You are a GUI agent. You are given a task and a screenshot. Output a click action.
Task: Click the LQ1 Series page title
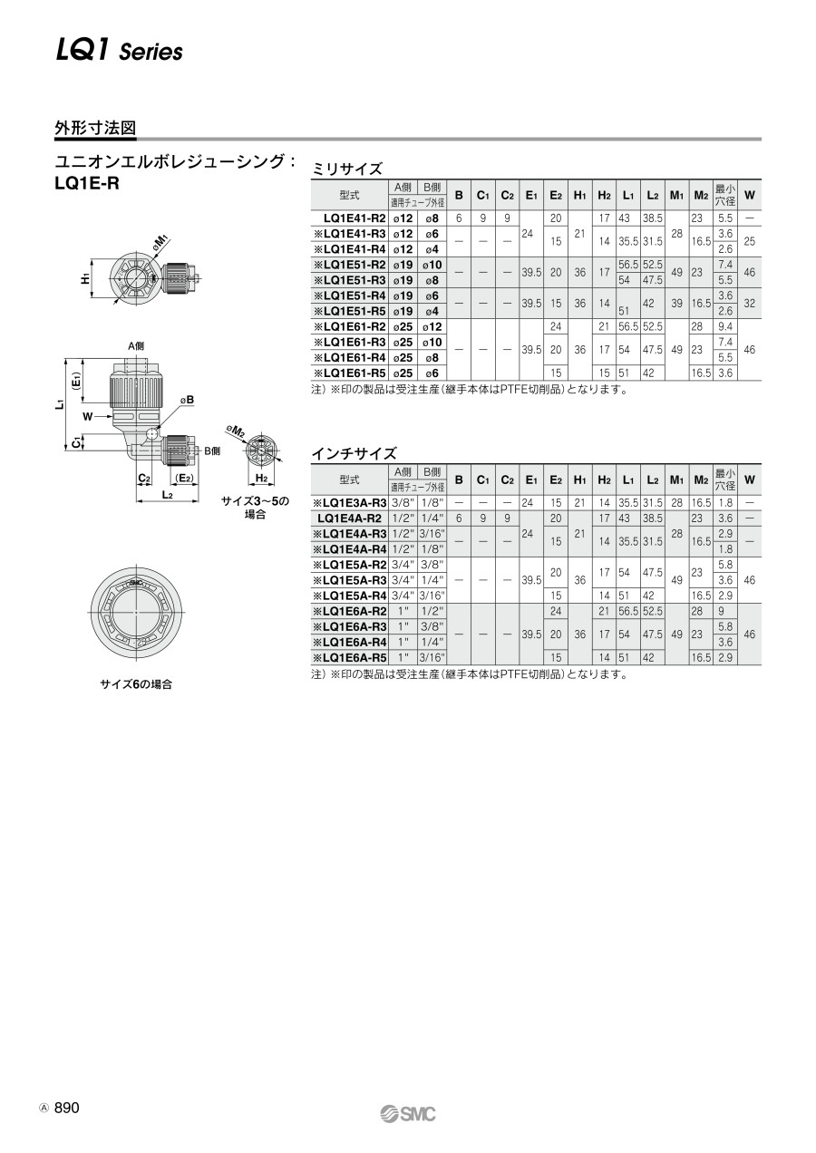pyautogui.click(x=119, y=52)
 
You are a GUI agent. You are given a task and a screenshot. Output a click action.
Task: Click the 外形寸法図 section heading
pyautogui.click(x=95, y=128)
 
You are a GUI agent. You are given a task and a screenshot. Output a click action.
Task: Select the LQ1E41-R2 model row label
pyautogui.click(x=355, y=218)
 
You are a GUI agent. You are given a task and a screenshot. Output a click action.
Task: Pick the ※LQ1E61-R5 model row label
pyautogui.click(x=350, y=373)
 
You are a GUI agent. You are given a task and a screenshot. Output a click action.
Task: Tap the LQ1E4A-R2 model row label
pyautogui.click(x=350, y=518)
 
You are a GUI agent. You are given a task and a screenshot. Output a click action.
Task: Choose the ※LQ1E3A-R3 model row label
pyautogui.click(x=350, y=503)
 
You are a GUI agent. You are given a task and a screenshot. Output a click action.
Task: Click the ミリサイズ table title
pyautogui.click(x=347, y=169)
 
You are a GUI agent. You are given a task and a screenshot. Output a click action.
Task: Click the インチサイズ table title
pyautogui.click(x=355, y=453)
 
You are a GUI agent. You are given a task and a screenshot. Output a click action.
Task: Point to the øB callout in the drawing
pyautogui.click(x=187, y=400)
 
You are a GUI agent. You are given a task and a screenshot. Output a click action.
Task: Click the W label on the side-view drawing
pyautogui.click(x=88, y=416)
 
